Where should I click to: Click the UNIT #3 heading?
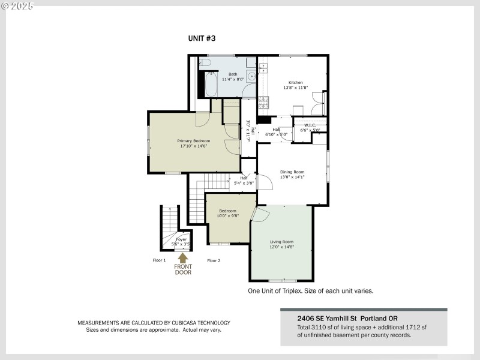tap(202, 38)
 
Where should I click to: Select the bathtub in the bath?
tap(211, 85)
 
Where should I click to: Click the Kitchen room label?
tap(296, 83)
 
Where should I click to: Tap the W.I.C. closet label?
tap(310, 125)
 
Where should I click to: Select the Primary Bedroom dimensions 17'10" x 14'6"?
tap(193, 146)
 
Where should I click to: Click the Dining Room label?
tap(292, 172)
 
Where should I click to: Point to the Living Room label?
tap(281, 242)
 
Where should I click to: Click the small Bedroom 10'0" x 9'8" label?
tap(227, 213)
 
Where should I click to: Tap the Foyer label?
tap(181, 239)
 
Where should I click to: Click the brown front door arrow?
tap(183, 257)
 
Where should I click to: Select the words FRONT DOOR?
tap(183, 269)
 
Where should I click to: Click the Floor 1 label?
tap(158, 260)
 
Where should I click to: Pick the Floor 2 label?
tap(214, 260)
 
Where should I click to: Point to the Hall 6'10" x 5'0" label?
tap(277, 131)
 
